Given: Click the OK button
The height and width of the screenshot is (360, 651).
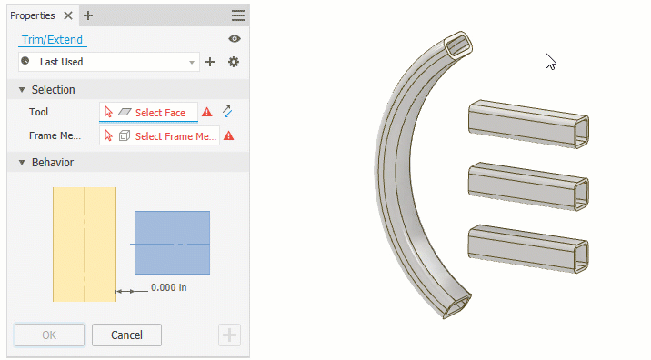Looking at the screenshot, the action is (x=49, y=335).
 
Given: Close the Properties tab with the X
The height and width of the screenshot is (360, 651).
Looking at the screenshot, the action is (x=68, y=15).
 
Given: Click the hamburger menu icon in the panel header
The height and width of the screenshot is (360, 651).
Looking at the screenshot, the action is (x=238, y=15).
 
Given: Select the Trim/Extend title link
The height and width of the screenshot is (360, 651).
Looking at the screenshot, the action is (x=52, y=39).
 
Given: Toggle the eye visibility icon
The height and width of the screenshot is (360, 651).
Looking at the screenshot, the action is (x=235, y=38).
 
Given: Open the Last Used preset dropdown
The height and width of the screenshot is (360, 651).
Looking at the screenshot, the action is (x=109, y=62).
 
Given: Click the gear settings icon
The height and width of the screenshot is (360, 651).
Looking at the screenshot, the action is (x=234, y=62).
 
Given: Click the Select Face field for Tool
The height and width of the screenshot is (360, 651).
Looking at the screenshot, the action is (x=148, y=112).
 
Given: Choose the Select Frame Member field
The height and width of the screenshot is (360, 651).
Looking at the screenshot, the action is (x=159, y=135).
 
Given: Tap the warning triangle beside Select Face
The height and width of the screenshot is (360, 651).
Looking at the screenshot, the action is (x=206, y=112).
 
